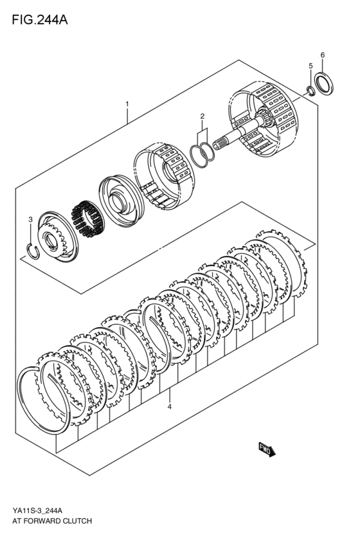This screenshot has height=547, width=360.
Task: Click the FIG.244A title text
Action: tap(39, 19)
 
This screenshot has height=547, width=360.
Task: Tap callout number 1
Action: tap(127, 103)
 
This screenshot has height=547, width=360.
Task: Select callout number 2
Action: tap(202, 116)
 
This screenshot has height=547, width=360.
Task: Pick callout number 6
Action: tap(323, 55)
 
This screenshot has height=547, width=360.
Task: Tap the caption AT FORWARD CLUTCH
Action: tap(51, 521)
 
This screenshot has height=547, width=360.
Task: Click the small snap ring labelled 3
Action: tap(31, 250)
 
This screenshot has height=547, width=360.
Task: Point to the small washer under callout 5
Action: tap(310, 90)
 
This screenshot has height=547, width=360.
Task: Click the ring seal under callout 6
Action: tap(323, 84)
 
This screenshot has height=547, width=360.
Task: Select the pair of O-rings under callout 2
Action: tap(201, 154)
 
